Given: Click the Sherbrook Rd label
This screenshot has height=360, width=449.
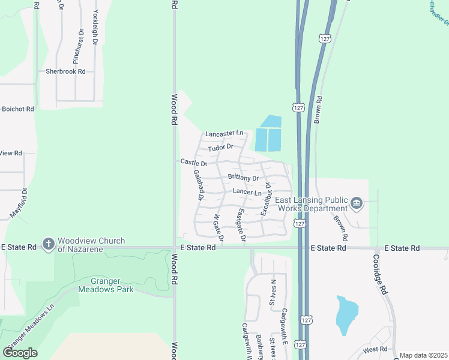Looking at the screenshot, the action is (65, 71).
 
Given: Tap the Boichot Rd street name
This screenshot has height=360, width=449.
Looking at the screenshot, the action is (18, 109).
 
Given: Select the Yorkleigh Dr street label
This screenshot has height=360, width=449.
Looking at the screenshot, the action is (95, 28).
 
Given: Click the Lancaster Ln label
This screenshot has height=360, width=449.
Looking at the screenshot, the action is (224, 133).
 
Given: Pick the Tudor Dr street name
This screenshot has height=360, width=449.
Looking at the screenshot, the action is (220, 148).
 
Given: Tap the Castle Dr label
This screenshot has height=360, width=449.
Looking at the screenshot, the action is (194, 163).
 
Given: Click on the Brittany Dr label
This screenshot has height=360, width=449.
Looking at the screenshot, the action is (243, 178).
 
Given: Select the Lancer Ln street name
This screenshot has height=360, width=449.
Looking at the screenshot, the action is (247, 193).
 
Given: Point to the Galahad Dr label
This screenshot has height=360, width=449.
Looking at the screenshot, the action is (199, 185).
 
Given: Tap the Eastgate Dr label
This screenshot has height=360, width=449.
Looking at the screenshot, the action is (241, 226).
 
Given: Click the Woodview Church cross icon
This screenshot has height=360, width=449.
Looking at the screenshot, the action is (49, 244).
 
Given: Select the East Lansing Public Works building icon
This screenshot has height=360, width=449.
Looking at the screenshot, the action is (357, 203).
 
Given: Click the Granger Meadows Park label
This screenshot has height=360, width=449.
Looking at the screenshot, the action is (106, 284).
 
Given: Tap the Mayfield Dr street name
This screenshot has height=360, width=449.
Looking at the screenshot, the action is (19, 204).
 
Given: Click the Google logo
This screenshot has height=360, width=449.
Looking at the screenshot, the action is (20, 353).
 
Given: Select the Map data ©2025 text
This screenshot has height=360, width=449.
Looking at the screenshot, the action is (424, 355).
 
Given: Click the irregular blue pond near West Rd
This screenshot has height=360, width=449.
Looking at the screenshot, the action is (346, 314).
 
